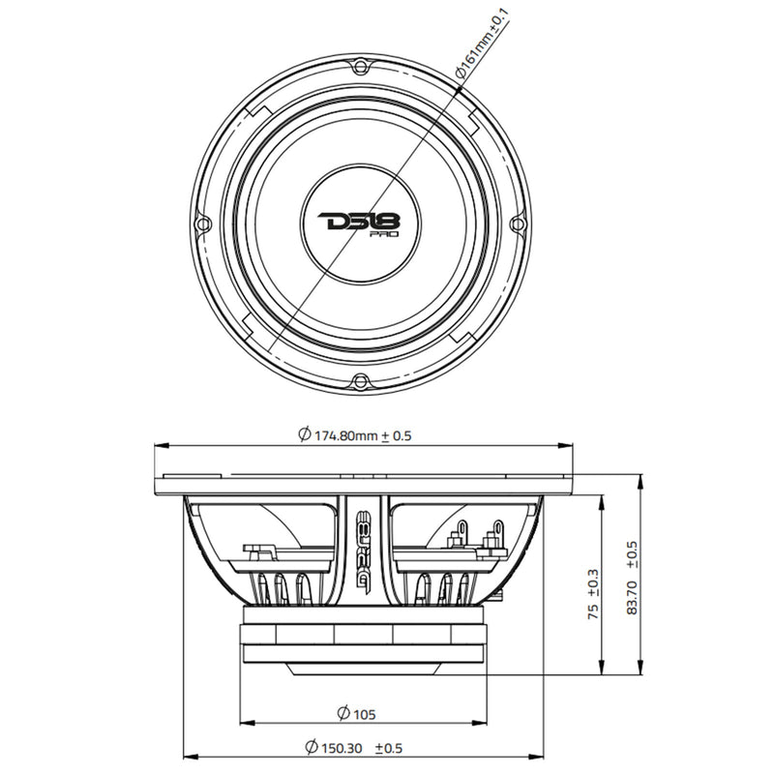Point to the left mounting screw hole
203,223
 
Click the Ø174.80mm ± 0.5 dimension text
355,434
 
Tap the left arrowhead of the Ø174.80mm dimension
161,445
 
